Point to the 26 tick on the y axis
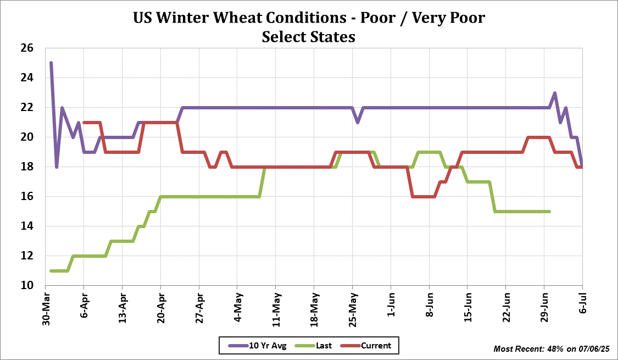[27, 48]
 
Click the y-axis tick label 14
[27, 226]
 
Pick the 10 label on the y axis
[27, 285]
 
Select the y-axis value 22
[27, 108]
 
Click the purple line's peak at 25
[51, 63]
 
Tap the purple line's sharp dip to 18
[57, 167]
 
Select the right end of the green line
[549, 211]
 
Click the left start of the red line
[83, 122]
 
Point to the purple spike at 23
[555, 93]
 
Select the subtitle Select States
[309, 37]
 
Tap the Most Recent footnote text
[552, 349]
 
